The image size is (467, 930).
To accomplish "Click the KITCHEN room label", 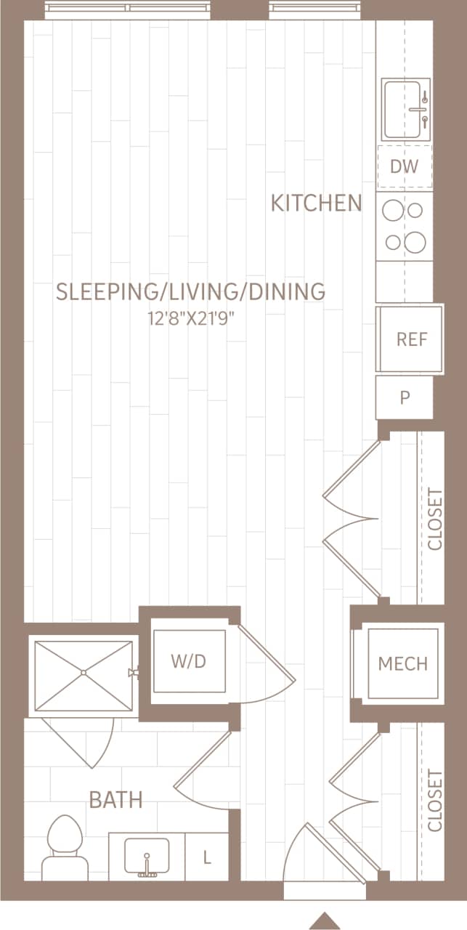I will (x=316, y=203).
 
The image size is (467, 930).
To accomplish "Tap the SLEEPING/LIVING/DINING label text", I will (x=190, y=291).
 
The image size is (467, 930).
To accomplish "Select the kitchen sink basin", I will (x=405, y=110).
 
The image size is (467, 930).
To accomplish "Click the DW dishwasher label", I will (x=405, y=166).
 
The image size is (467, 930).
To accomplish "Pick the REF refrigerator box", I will (x=410, y=339).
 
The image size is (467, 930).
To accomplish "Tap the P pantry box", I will (x=405, y=397).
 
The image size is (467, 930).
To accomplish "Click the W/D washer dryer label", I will (x=188, y=661).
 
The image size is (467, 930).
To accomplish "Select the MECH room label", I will (x=402, y=663).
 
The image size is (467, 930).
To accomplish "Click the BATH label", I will (x=115, y=800).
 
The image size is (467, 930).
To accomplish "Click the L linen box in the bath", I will (x=207, y=858).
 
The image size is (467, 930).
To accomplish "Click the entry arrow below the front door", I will (x=325, y=920).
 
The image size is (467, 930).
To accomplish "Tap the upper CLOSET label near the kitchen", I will (x=434, y=519).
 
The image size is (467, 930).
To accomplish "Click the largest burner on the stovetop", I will (x=415, y=242).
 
